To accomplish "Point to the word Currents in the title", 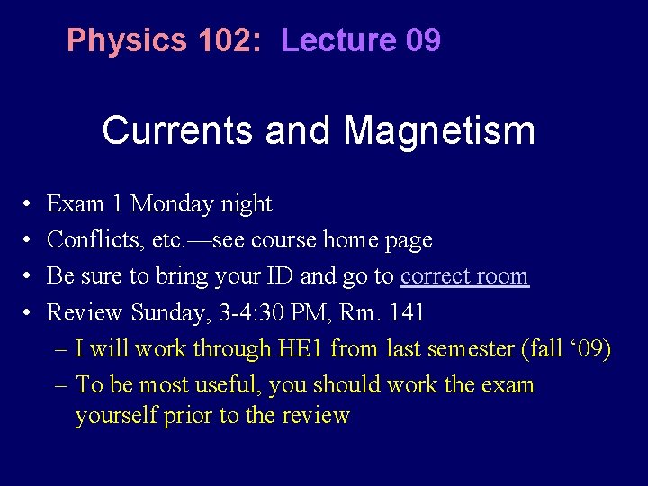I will coord(180,130).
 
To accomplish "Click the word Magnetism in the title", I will coord(439,130).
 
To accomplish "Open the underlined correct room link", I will coord(464,276).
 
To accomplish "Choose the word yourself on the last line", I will coord(117,415).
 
